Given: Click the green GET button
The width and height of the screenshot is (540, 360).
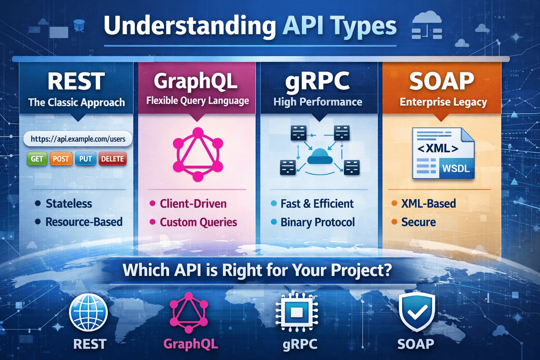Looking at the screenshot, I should click(x=37, y=159).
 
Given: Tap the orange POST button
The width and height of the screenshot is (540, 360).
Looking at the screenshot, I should click(x=61, y=159).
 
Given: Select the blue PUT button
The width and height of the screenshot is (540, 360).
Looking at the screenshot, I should click(x=85, y=159).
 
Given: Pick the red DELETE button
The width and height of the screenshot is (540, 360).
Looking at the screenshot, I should click(x=112, y=159).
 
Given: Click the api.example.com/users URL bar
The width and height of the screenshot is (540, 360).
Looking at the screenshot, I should click(x=78, y=139).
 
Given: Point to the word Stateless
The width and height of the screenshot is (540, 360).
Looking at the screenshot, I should click(x=69, y=204).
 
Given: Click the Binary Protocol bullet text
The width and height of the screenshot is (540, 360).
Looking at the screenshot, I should click(x=317, y=222).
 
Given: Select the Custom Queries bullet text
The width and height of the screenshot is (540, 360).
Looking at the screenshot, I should click(x=198, y=222).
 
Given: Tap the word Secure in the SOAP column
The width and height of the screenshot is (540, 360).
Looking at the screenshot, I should click(x=418, y=222).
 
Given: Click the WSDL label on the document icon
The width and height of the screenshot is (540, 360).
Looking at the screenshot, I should click(x=456, y=168).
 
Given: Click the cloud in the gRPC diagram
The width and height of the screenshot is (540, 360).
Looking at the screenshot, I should click(x=320, y=156).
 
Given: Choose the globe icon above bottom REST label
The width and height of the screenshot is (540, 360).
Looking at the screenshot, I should click(x=88, y=313).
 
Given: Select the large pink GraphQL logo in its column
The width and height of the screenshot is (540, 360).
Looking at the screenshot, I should click(x=198, y=155).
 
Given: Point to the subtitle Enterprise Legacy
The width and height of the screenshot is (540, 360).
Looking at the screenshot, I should click(x=443, y=102).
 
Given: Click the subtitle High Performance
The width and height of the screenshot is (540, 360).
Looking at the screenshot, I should click(x=318, y=102).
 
